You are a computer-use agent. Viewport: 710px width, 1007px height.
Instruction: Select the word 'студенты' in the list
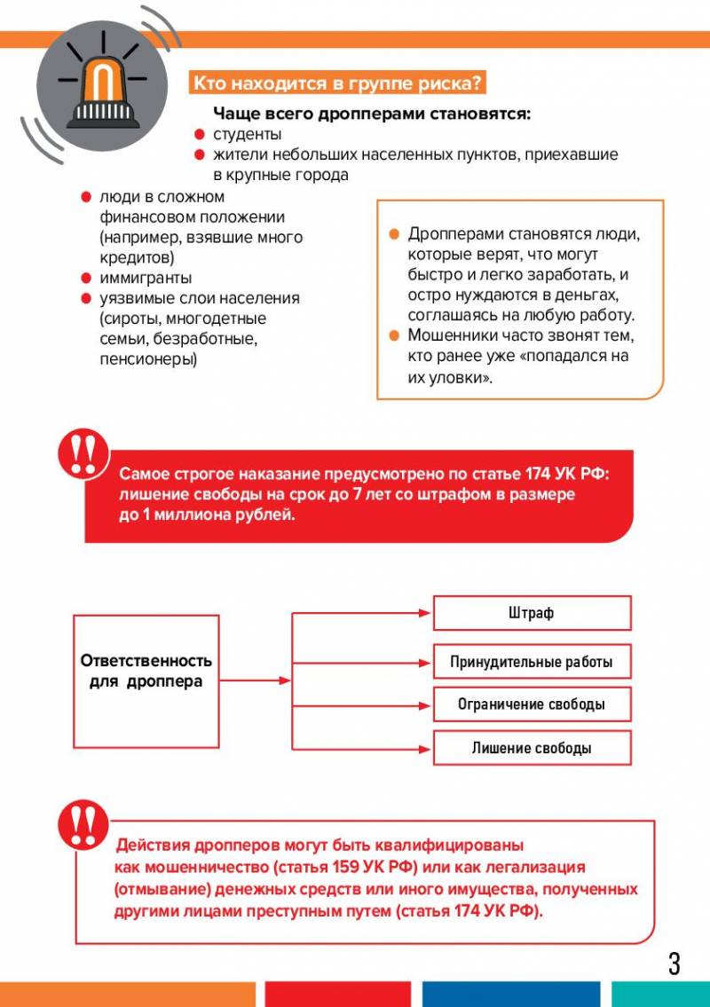pyautogui.click(x=247, y=134)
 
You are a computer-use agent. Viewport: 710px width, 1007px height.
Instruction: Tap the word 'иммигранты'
pyautogui.click(x=146, y=279)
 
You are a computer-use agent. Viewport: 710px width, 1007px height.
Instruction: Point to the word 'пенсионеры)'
pyautogui.click(x=149, y=359)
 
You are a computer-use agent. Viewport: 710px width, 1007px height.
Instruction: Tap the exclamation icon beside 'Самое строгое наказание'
pyautogui.click(x=83, y=452)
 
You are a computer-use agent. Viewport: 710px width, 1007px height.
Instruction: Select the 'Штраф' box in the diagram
pyautogui.click(x=532, y=613)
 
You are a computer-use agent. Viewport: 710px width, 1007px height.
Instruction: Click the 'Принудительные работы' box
pyautogui.click(x=532, y=662)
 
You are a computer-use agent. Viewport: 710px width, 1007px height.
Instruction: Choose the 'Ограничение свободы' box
pyautogui.click(x=532, y=704)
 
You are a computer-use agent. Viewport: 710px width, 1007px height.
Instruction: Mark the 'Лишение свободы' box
pyautogui.click(x=532, y=748)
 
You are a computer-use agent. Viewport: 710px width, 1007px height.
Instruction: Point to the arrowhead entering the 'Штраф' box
pyautogui.click(x=426, y=613)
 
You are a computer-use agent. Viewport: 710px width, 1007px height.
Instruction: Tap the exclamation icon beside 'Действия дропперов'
pyautogui.click(x=83, y=823)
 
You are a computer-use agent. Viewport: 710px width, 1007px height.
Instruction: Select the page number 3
pyautogui.click(x=674, y=964)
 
